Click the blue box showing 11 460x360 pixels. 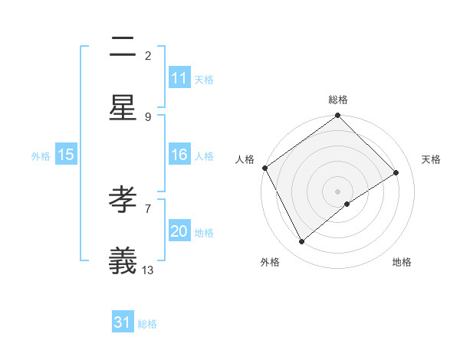(x=179, y=78)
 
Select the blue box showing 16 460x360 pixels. (x=179, y=155)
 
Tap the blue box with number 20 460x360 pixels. (x=179, y=231)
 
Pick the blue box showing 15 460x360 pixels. (x=66, y=155)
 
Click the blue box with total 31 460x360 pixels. (x=123, y=323)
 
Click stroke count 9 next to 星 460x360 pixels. (x=148, y=116)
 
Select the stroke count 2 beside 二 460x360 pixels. (x=148, y=55)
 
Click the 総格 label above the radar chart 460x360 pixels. (x=338, y=100)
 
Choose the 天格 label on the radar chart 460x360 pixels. (x=431, y=159)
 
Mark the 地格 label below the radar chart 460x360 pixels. (x=402, y=262)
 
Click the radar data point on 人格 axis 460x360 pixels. (x=264, y=168)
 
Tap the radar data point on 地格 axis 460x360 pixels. (x=347, y=204)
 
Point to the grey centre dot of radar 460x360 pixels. (x=338, y=191)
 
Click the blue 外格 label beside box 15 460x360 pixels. (x=41, y=155)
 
